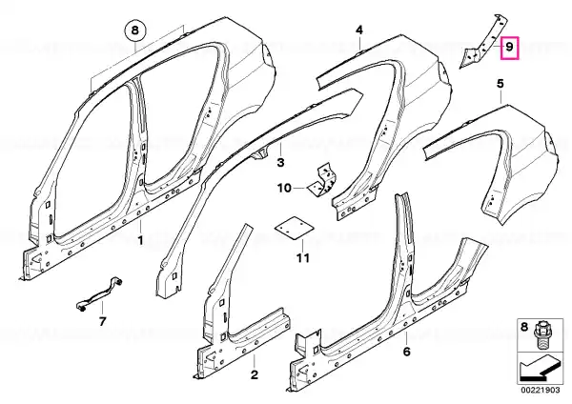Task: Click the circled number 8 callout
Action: pos(135,30)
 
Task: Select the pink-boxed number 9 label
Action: pos(510,48)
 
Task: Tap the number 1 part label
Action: pos(140,241)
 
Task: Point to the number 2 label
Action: pos(254,374)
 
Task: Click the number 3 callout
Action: pos(280,162)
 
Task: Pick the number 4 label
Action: pos(359,30)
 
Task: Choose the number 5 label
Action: pos(500,84)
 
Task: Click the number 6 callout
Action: pos(406,352)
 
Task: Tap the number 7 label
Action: pos(102,322)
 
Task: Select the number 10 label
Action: pos(284,188)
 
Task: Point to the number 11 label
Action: pos(303,258)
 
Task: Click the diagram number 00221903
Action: pos(541,390)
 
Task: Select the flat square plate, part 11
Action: pos(295,228)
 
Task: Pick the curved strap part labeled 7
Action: pos(99,294)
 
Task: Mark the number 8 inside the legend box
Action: pos(524,327)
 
